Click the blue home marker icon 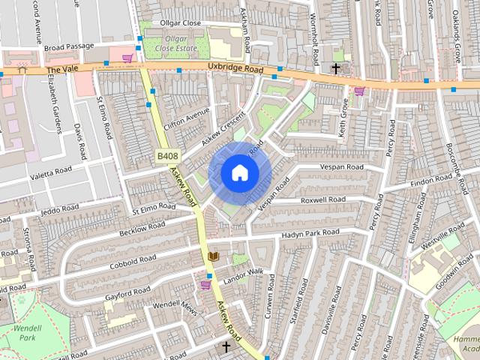pyautogui.click(x=239, y=172)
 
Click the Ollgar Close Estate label pyautogui.click(x=175, y=43)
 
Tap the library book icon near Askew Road pyautogui.click(x=213, y=256)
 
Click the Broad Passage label pyautogui.click(x=68, y=47)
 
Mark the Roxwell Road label pyautogui.click(x=322, y=200)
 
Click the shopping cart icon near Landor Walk pyautogui.click(x=206, y=284)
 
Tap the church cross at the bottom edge pyautogui.click(x=226, y=346)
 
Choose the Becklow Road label pyautogui.click(x=142, y=226)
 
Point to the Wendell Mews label pyautogui.click(x=174, y=307)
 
